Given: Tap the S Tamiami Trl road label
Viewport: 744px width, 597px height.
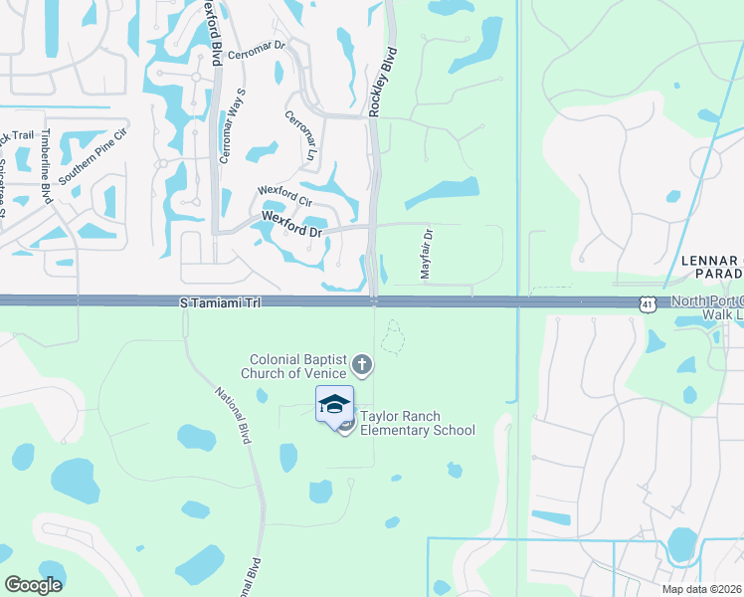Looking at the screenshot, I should click(x=220, y=301).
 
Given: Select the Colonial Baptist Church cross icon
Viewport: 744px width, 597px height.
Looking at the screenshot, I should click(x=362, y=365).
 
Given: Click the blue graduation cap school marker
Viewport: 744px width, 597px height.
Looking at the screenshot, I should click(x=334, y=404).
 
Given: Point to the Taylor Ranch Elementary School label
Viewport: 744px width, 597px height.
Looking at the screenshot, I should click(x=417, y=424).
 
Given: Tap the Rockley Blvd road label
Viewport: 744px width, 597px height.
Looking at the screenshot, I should click(x=383, y=83).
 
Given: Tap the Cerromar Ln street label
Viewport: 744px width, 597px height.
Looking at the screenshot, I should click(x=299, y=136).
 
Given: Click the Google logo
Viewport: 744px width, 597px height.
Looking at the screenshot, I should click(x=34, y=584).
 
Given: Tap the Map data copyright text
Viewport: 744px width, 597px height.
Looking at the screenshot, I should click(x=700, y=589).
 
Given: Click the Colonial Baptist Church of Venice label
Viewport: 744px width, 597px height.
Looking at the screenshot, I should click(x=302, y=365).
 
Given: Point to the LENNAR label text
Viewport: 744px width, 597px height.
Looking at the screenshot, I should click(x=711, y=260).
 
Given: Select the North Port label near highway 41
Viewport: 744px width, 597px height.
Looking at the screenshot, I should click(x=706, y=301).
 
